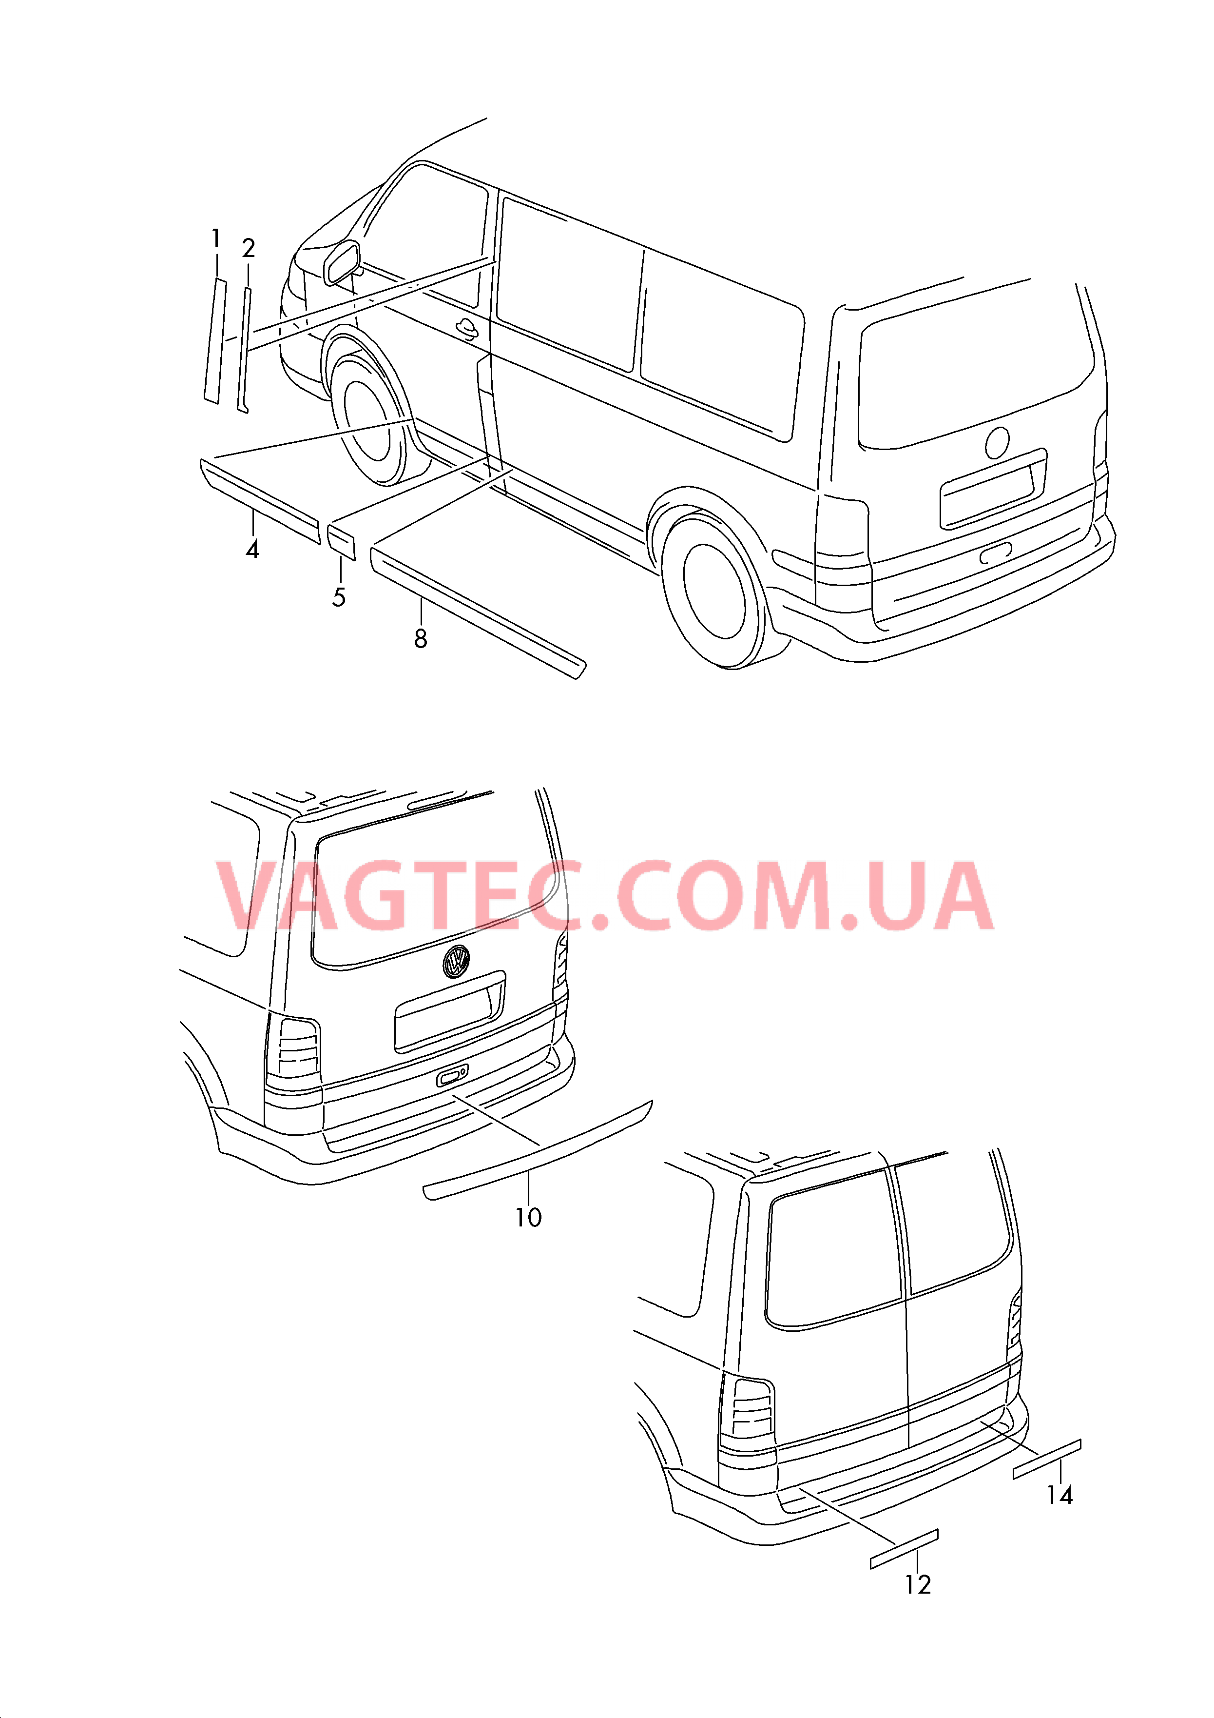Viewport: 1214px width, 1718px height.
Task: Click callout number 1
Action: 216,239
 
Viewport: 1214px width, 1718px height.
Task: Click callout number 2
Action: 249,248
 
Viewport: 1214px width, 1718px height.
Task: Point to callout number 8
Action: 421,639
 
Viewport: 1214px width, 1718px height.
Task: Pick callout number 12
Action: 918,1585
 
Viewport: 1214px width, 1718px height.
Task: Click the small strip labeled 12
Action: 904,1549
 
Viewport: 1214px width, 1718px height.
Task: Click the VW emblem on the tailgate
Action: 456,962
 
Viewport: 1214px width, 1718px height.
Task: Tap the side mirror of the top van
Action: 342,263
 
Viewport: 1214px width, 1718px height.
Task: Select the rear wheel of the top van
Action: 716,591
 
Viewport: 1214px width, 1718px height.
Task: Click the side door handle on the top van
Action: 467,328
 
